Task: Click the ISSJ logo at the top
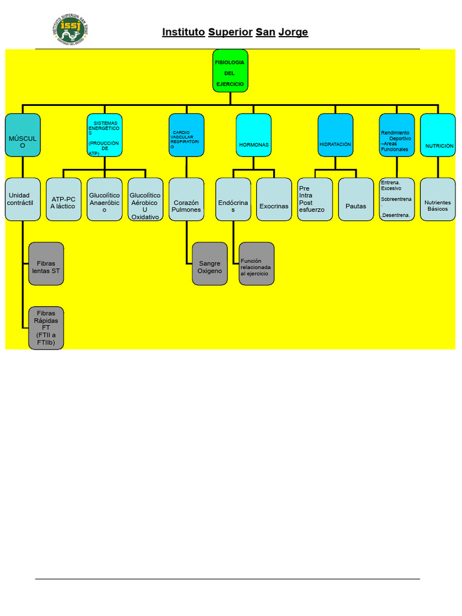[x=70, y=30]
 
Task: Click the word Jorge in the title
[x=293, y=32]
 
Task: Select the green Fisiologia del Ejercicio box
[x=230, y=70]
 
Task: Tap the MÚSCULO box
[x=23, y=135]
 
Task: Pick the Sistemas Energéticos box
[x=105, y=135]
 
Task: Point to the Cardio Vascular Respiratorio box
[x=186, y=135]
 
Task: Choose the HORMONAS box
[x=253, y=135]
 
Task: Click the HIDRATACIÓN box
[x=335, y=135]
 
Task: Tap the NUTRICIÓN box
[x=438, y=135]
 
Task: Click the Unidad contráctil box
[x=23, y=199]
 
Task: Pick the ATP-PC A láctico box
[x=63, y=199]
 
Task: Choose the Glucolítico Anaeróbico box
[x=104, y=199]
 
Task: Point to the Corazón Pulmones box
[x=186, y=199]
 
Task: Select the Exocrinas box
[x=274, y=199]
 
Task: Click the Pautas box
[x=356, y=199]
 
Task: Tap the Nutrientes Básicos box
[x=438, y=199]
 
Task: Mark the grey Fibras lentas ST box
[x=46, y=263]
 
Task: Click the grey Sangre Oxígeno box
[x=210, y=263]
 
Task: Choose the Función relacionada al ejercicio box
[x=256, y=263]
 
